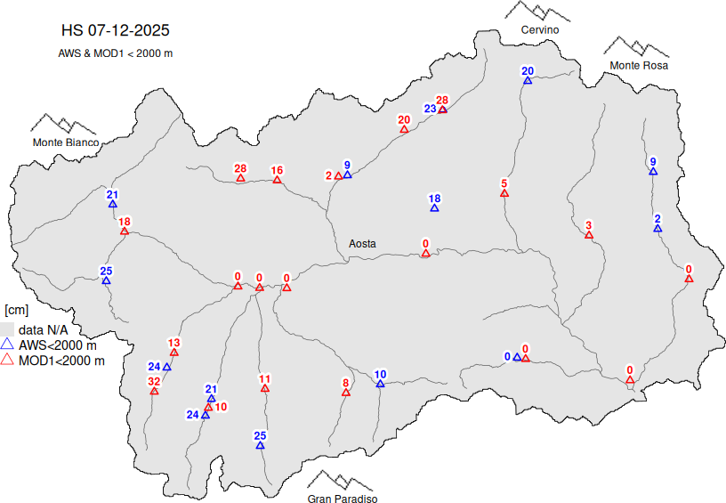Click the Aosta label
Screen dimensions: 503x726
pyautogui.click(x=362, y=243)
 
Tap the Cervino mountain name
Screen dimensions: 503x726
pyautogui.click(x=540, y=30)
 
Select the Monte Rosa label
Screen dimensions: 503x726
pyautogui.click(x=638, y=66)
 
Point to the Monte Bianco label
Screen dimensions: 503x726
pyautogui.click(x=66, y=142)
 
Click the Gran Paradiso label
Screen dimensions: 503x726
pyautogui.click(x=343, y=499)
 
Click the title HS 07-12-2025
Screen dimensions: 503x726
pyautogui.click(x=115, y=30)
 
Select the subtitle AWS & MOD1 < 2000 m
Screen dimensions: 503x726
pyautogui.click(x=115, y=53)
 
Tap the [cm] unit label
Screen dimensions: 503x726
pyautogui.click(x=17, y=310)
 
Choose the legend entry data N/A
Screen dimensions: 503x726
pyautogui.click(x=44, y=329)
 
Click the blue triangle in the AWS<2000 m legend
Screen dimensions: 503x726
pyautogui.click(x=8, y=345)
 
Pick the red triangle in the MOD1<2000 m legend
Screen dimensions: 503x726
pyautogui.click(x=8, y=361)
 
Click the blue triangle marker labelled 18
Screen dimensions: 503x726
pyautogui.click(x=434, y=208)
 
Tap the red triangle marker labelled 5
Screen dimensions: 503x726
pyautogui.click(x=504, y=193)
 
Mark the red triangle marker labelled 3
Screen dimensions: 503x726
pyautogui.click(x=588, y=235)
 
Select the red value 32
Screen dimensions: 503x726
pyautogui.click(x=154, y=381)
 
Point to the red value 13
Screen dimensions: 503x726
pyautogui.click(x=174, y=343)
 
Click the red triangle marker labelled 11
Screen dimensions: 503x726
pyautogui.click(x=264, y=388)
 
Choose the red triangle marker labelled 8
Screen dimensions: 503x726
pyautogui.click(x=346, y=393)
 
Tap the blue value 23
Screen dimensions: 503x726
pyautogui.click(x=430, y=109)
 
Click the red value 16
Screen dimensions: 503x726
pyautogui.click(x=277, y=170)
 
